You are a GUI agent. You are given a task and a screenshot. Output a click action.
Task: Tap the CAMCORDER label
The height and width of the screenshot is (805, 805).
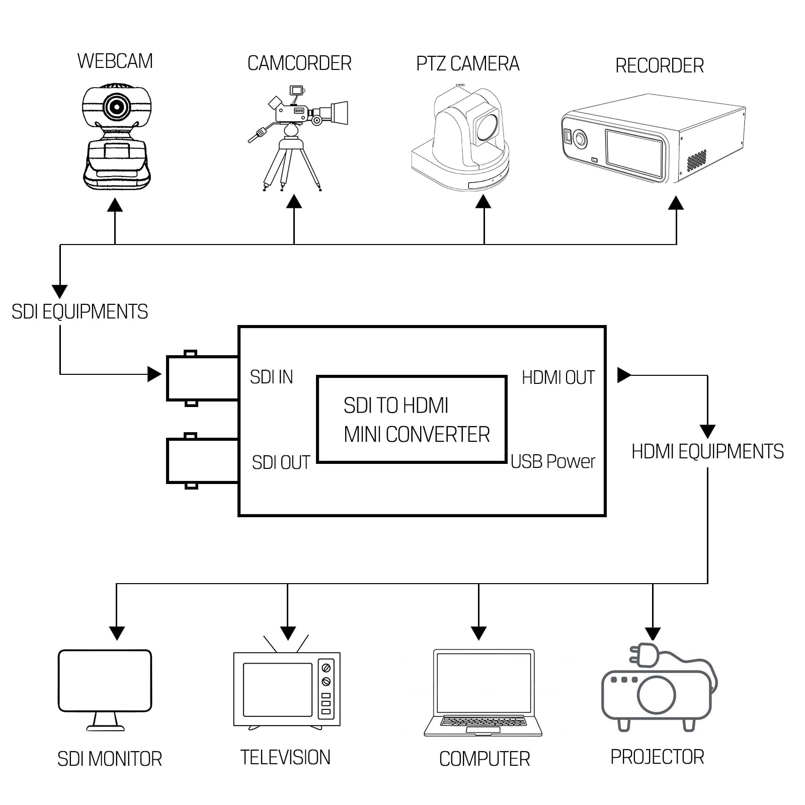299,63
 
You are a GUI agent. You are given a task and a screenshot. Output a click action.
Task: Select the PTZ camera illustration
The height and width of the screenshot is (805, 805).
461,137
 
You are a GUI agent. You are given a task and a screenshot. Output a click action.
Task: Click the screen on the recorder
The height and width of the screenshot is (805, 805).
635,153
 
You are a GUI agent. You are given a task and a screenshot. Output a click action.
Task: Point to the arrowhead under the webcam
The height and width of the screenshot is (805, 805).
115,204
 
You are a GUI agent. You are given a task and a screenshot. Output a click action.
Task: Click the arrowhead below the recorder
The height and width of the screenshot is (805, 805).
676,203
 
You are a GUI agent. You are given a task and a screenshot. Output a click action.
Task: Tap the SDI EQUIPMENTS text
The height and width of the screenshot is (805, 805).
79,312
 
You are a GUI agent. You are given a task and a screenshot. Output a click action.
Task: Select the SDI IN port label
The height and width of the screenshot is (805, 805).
271,377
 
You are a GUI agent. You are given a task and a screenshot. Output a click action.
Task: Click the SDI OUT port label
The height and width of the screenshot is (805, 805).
281,462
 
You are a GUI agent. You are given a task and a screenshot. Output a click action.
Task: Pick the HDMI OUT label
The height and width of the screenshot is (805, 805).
558,377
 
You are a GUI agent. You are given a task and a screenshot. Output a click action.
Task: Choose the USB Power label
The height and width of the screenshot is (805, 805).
552,461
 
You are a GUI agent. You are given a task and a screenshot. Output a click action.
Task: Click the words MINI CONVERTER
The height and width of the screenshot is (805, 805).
417,435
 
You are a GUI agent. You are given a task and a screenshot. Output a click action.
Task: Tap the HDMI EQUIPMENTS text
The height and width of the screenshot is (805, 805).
707,452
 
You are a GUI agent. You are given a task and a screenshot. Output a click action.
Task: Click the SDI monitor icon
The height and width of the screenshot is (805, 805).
105,690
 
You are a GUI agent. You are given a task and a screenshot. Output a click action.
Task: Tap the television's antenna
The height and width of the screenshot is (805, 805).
287,644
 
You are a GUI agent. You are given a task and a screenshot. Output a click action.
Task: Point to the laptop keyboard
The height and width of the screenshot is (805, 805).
483,722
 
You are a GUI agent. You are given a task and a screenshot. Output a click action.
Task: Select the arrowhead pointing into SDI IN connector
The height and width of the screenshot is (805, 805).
154,374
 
